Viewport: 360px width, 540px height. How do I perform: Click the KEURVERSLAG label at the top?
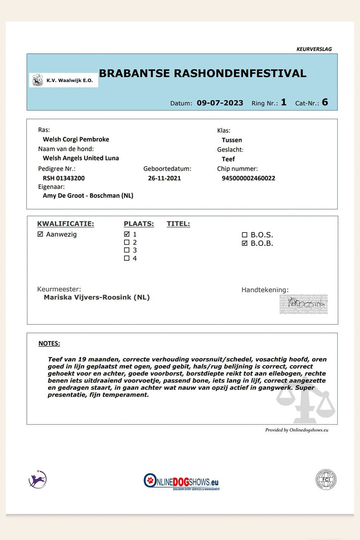point(314,49)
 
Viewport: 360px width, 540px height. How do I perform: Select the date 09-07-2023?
point(220,103)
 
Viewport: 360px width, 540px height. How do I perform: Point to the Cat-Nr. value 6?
point(325,102)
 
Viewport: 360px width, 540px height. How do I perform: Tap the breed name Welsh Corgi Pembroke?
point(76,139)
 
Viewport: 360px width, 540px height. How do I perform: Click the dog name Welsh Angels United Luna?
point(81,158)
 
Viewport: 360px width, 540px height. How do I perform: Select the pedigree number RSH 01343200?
point(64,178)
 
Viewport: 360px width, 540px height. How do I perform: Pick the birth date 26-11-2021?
point(164,178)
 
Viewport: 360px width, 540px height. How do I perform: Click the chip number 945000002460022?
point(248,178)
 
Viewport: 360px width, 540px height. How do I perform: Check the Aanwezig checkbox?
point(40,234)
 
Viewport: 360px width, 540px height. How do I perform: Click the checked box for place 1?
point(127,234)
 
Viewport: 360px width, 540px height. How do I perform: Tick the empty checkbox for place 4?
point(127,258)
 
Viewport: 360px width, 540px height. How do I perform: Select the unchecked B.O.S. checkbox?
point(245,235)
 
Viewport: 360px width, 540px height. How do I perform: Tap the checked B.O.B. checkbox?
point(245,243)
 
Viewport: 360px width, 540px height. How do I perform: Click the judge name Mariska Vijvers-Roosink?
point(97,297)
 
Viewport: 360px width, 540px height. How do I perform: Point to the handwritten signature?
point(304,304)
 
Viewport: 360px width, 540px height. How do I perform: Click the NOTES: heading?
point(49,343)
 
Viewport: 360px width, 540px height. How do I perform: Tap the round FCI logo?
point(326,479)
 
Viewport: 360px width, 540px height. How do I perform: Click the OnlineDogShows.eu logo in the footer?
point(181,482)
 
